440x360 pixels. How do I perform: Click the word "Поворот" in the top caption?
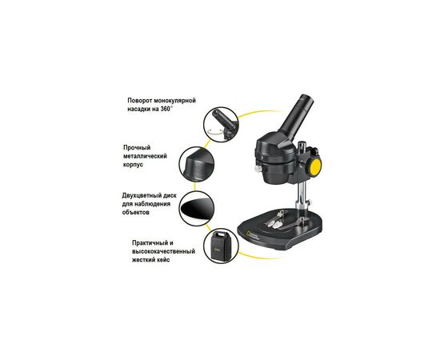(x=142, y=102)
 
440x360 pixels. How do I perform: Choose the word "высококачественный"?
(x=163, y=252)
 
